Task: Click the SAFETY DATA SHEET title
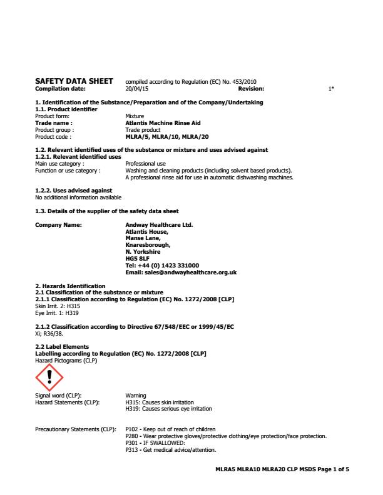(74, 81)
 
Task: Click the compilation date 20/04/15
(136, 89)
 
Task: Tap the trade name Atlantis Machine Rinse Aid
(163, 124)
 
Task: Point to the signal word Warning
(136, 396)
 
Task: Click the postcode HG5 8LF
(138, 257)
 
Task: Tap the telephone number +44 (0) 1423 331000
(163, 265)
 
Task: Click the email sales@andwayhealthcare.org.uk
(181, 272)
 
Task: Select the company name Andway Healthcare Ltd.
(160, 224)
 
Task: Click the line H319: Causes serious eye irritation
(168, 409)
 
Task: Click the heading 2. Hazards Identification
(70, 286)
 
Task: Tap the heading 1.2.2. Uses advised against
(73, 190)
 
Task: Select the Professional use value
(145, 163)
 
